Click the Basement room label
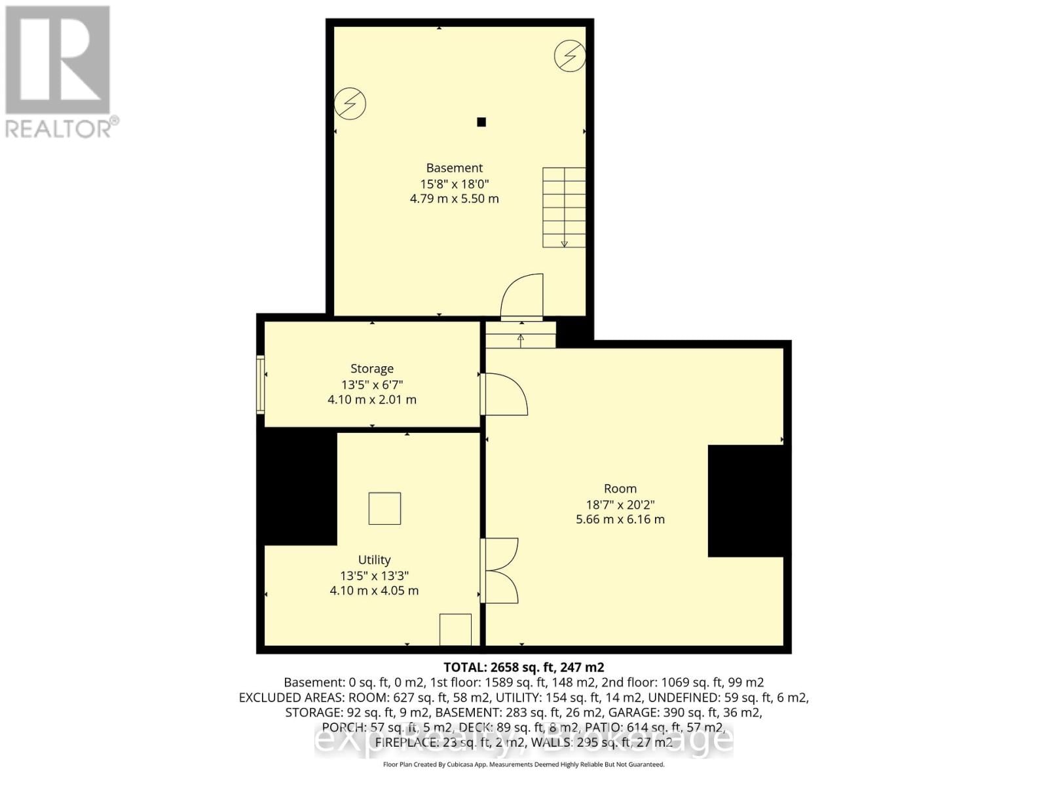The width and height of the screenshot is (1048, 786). (x=454, y=168)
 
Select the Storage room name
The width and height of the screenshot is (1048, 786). (x=371, y=369)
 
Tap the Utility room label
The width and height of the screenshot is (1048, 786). (x=374, y=560)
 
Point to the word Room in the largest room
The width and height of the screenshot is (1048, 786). (x=620, y=489)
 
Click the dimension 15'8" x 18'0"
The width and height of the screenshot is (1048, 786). (x=454, y=184)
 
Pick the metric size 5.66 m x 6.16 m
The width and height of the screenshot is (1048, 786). (x=620, y=519)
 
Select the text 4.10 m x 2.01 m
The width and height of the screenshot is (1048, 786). (x=371, y=400)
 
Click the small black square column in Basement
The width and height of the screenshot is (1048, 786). (x=481, y=122)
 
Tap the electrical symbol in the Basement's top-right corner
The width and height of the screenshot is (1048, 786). (x=569, y=56)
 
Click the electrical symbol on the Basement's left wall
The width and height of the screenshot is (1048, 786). (x=350, y=103)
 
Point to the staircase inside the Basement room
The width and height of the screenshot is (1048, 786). (x=563, y=207)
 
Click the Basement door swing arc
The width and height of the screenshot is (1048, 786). (x=522, y=297)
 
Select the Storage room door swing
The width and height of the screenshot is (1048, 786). (x=505, y=394)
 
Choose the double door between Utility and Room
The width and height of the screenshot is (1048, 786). (x=500, y=571)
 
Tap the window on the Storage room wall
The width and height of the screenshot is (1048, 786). (x=260, y=384)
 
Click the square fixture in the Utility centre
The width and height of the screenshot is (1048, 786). (x=384, y=508)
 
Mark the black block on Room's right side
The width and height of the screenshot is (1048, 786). (x=745, y=501)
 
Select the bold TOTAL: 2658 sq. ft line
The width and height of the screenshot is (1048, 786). (x=523, y=667)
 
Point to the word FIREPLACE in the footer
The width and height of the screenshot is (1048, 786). (x=406, y=743)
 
